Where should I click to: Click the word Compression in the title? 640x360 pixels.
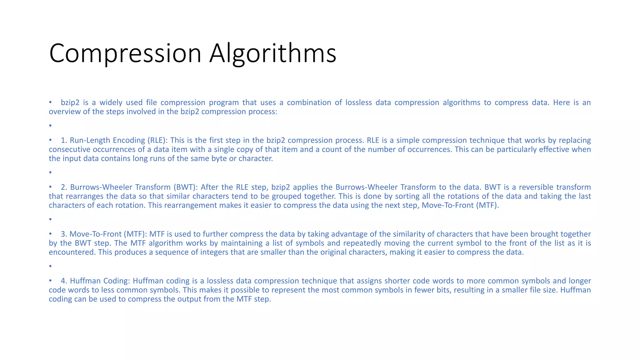click(125, 53)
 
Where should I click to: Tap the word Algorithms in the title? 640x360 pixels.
click(272, 53)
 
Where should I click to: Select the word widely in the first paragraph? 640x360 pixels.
click(111, 102)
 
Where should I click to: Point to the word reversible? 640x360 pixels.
click(536, 187)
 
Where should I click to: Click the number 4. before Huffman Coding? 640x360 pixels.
click(64, 281)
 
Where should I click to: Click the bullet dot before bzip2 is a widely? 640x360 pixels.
click(50, 102)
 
